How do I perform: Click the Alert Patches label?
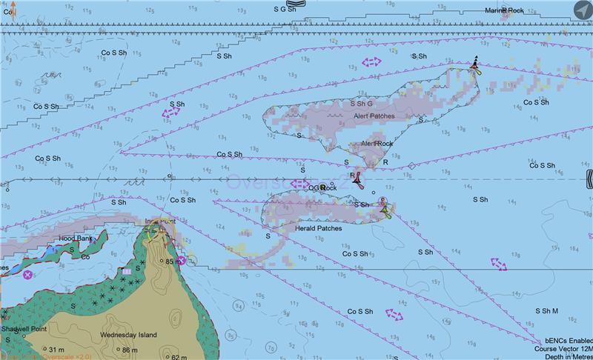point(374,116)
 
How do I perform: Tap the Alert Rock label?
point(377,143)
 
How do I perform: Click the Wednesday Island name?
point(129,335)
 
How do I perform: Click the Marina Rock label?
point(504,10)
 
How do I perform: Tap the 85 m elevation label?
point(175,261)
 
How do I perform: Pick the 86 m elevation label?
point(130,350)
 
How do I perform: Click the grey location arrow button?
point(582,10)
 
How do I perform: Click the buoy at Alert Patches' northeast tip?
point(475,67)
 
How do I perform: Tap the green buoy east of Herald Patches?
point(384,211)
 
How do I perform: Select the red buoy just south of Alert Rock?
point(357,178)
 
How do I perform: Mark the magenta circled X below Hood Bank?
point(28,275)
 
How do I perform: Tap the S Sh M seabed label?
point(546,311)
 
